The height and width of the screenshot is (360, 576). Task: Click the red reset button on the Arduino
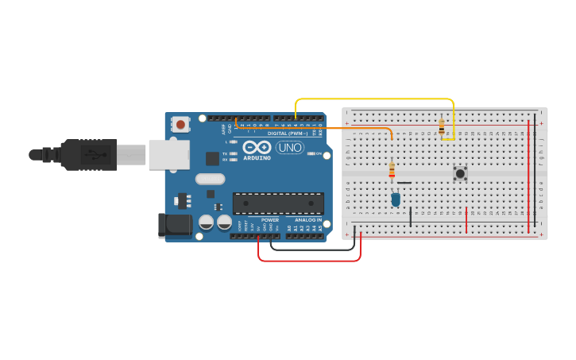181,124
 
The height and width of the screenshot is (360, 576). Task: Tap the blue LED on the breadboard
396,199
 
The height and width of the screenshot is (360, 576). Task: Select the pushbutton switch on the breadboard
460,172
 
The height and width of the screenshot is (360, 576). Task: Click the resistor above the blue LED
392,169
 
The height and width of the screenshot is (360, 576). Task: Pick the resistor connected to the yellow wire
442,127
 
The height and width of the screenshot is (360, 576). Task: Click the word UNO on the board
290,147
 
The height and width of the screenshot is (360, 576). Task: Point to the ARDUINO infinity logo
257,147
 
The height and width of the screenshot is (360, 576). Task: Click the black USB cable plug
87,154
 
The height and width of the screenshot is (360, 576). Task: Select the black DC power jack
175,225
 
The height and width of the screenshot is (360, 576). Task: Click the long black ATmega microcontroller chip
278,203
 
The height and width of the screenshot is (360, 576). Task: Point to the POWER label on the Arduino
270,220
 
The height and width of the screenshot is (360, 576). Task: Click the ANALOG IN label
308,220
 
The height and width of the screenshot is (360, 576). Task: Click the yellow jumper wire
373,99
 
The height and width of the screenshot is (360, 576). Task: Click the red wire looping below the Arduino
310,260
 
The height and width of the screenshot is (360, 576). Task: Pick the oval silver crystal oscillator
210,179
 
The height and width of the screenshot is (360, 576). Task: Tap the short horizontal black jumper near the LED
404,183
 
